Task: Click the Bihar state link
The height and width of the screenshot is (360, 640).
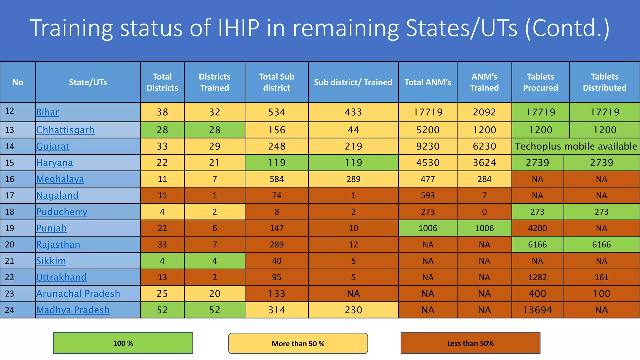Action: click(x=47, y=112)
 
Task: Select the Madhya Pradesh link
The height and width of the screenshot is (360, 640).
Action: click(x=73, y=310)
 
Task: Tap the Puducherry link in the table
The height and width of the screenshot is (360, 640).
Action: click(x=62, y=212)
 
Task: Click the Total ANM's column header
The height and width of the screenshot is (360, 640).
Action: click(x=427, y=82)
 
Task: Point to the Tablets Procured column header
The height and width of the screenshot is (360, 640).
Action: click(x=540, y=82)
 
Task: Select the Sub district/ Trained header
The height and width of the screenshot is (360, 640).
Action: click(x=353, y=82)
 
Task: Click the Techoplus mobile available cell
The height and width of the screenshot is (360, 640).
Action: click(x=576, y=146)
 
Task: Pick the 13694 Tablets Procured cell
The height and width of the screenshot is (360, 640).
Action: click(x=537, y=310)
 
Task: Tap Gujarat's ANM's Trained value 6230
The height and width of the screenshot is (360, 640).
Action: click(x=484, y=146)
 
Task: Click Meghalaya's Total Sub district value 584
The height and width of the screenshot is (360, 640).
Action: click(x=277, y=179)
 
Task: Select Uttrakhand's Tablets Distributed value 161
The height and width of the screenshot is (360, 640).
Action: click(x=601, y=277)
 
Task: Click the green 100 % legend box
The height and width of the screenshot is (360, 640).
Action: click(x=123, y=343)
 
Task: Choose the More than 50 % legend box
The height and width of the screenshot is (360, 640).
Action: click(x=298, y=343)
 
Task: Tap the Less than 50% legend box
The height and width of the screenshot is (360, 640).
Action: click(x=470, y=343)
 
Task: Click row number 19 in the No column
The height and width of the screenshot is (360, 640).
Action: click(x=10, y=228)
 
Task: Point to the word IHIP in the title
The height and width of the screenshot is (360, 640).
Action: click(x=238, y=28)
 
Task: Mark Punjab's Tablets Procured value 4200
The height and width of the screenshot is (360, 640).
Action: click(x=537, y=228)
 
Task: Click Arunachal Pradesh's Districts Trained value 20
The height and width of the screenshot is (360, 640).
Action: click(x=214, y=294)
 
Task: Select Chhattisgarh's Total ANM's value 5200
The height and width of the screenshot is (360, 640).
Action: click(x=427, y=130)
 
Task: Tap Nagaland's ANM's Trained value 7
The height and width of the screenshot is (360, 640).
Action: click(x=484, y=195)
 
